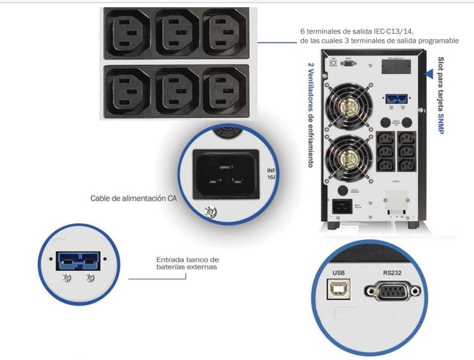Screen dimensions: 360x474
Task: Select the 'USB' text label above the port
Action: point(338,272)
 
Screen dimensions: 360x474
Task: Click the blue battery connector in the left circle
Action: point(75,261)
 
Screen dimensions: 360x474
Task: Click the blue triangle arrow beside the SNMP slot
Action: point(429,74)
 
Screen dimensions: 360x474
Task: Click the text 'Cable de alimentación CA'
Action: point(133,198)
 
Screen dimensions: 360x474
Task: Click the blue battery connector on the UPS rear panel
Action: point(395,99)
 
